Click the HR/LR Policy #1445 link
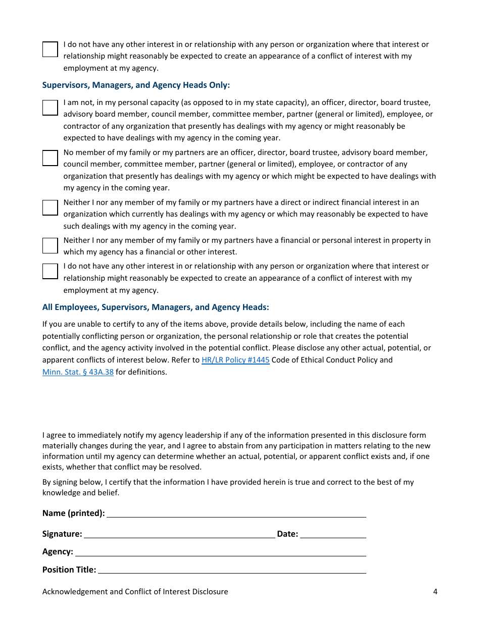(235, 360)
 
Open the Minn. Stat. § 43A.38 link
(78, 372)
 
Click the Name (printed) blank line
(236, 513)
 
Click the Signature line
(179, 534)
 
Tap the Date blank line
(333, 534)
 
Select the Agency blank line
(220, 552)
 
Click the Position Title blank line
(232, 570)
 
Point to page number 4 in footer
(435, 592)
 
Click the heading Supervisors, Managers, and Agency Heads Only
(136, 85)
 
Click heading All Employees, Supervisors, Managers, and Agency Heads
(156, 307)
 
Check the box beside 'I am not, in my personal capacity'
(50, 108)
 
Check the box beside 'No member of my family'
(50, 158)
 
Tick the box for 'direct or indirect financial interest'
(50, 208)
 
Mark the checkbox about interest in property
(50, 245)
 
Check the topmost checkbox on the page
(50, 49)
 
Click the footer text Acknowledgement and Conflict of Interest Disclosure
(135, 592)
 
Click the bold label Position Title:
(69, 570)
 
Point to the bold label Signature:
(62, 534)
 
